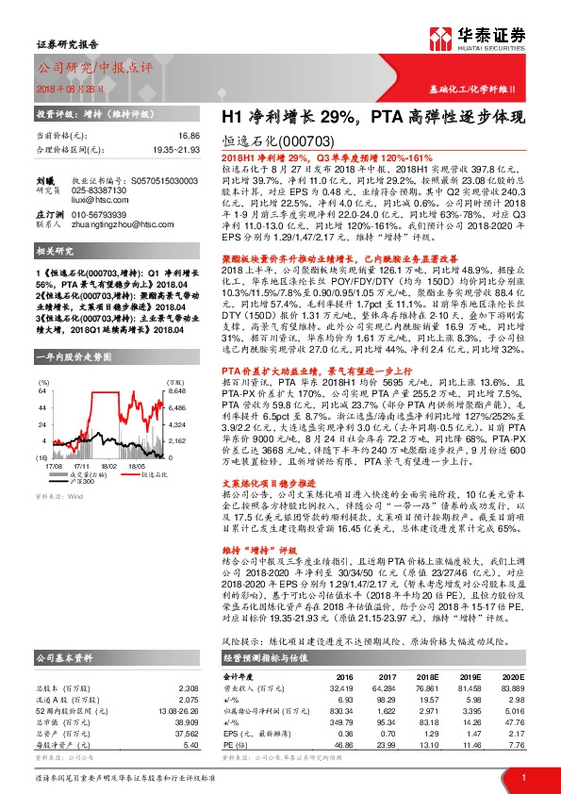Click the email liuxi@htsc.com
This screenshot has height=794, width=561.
point(96,197)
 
